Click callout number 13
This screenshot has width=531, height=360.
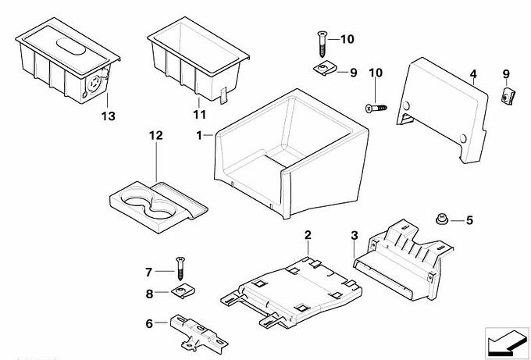tap(107, 116)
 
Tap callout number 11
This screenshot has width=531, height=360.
tap(198, 114)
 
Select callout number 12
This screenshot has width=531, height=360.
tap(155, 136)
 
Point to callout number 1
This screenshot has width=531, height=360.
tap(200, 135)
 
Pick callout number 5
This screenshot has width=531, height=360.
tap(469, 220)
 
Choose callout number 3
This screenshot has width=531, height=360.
tap(355, 234)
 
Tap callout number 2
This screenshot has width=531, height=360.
tap(308, 234)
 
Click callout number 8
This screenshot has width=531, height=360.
tap(150, 294)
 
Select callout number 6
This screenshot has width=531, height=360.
tap(150, 323)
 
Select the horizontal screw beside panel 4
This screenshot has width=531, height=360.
tap(376, 106)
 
